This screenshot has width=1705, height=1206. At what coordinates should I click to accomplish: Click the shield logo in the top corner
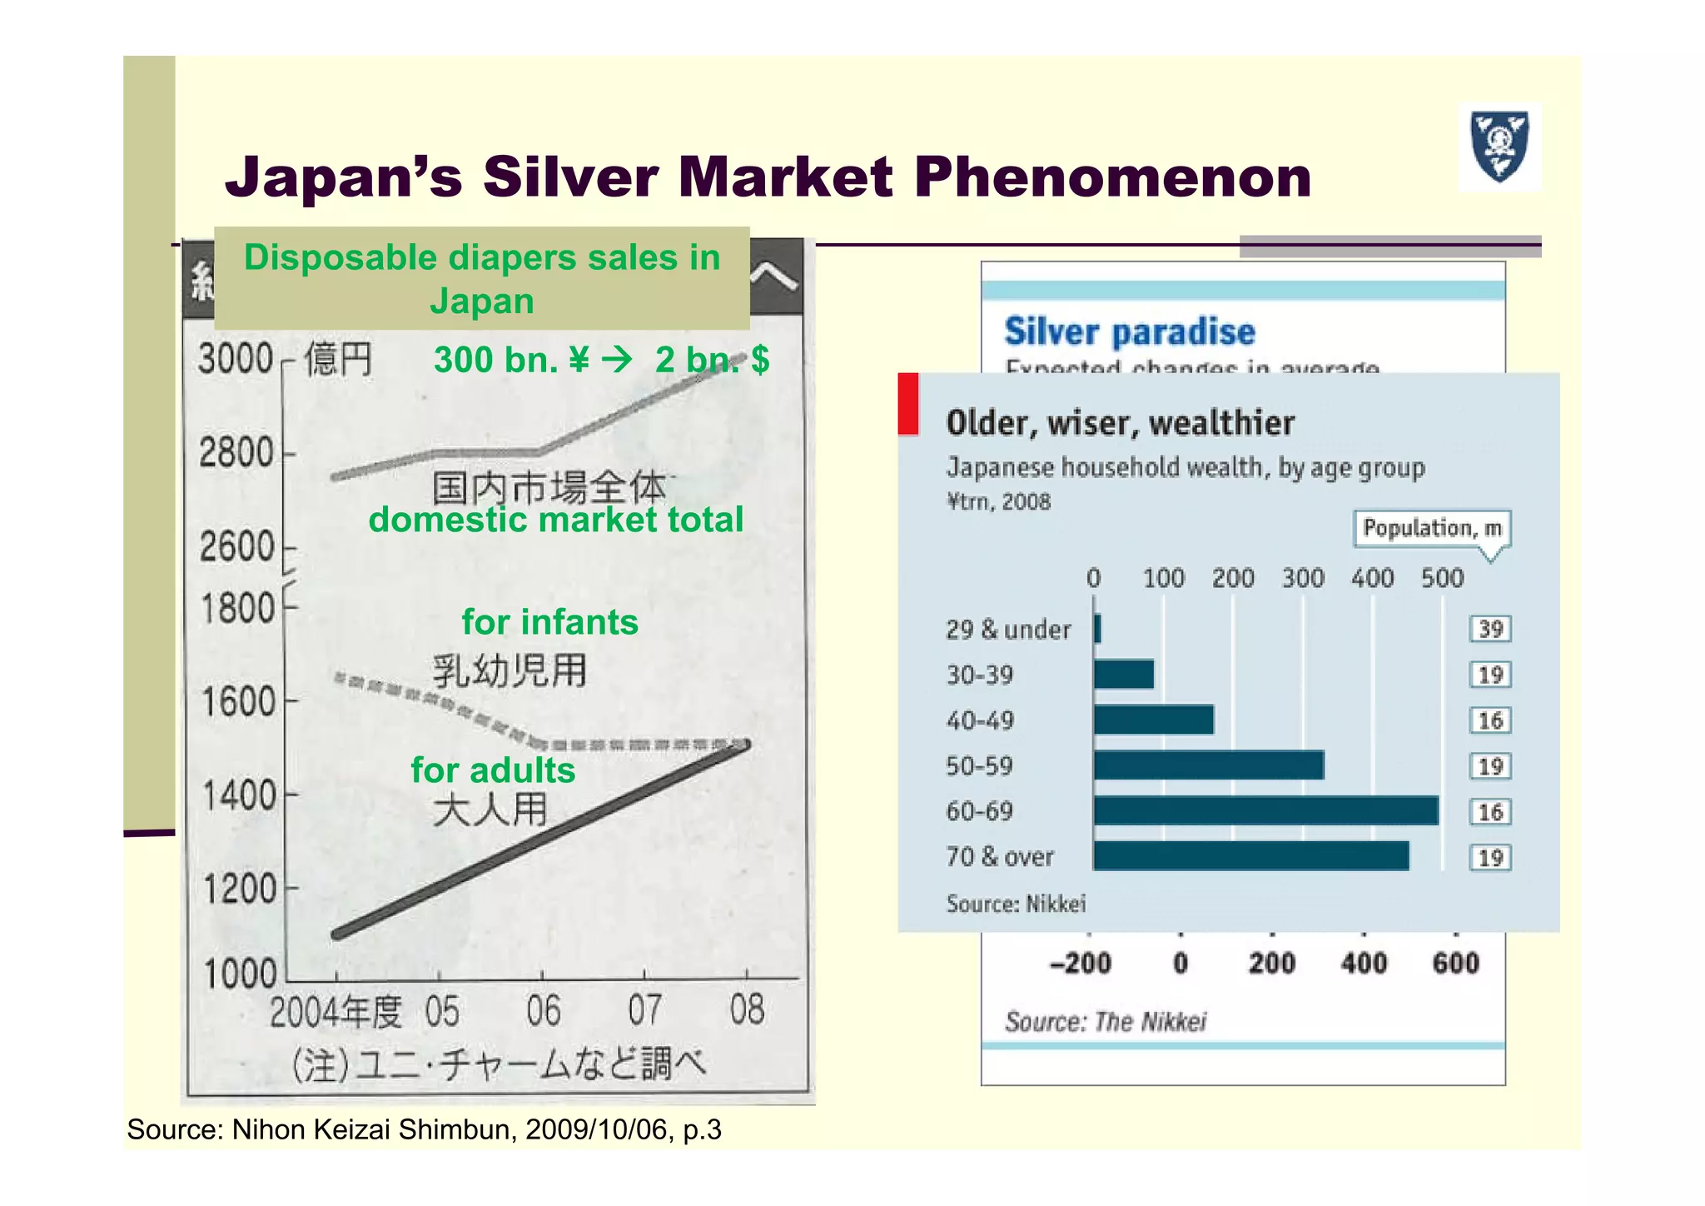1499,147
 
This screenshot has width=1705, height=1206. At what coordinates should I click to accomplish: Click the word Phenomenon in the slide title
1112,177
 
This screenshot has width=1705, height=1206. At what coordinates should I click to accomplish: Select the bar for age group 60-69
1265,811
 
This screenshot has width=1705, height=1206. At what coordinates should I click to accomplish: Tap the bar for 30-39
1124,675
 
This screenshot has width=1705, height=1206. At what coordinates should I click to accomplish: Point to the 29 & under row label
1008,630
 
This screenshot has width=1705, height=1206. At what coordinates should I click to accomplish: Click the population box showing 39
1490,629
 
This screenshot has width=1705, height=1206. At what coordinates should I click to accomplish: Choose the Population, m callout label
1432,528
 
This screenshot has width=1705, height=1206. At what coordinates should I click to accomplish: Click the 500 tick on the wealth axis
1442,578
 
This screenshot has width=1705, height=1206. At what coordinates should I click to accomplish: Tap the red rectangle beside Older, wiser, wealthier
908,404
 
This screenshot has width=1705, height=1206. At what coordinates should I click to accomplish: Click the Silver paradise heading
1130,331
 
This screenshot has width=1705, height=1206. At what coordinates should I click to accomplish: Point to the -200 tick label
1080,964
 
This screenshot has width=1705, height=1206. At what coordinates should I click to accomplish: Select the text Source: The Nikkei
1106,1022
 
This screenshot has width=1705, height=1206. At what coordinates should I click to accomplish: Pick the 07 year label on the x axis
645,1010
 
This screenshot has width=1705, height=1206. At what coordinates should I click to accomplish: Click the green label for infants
549,622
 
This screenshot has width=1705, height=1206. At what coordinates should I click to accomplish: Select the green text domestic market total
555,520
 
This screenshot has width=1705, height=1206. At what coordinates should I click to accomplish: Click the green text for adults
493,770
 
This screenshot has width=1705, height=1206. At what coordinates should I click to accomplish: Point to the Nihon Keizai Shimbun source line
424,1129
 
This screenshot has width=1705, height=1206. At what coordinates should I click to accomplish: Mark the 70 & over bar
1251,856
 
